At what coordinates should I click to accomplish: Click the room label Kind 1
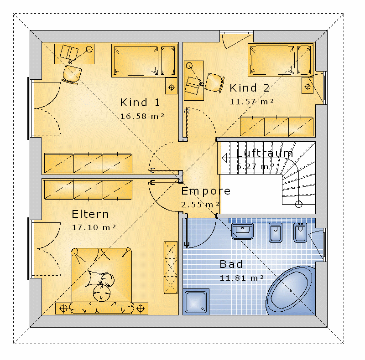[140, 103]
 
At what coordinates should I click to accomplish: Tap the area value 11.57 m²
[252, 102]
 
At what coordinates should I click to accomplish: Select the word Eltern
[90, 214]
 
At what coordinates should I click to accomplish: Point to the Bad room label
[231, 264]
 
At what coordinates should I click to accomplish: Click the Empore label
[206, 191]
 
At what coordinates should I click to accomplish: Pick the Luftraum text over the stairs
[265, 153]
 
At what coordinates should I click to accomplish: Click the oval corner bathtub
[291, 290]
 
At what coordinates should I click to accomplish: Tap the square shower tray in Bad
[196, 302]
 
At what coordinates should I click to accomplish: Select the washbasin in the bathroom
[242, 231]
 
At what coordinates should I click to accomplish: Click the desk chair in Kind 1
[72, 74]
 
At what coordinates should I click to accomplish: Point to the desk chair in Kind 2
[214, 83]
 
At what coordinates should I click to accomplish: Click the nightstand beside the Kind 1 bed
[172, 86]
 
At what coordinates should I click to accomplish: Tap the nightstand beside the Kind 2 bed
[308, 85]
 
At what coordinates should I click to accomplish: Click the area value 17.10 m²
[94, 227]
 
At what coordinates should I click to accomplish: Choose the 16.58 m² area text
[142, 116]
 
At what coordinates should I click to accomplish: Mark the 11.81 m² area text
[242, 278]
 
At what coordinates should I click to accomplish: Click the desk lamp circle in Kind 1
[89, 49]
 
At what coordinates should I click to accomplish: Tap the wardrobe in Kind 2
[277, 127]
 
